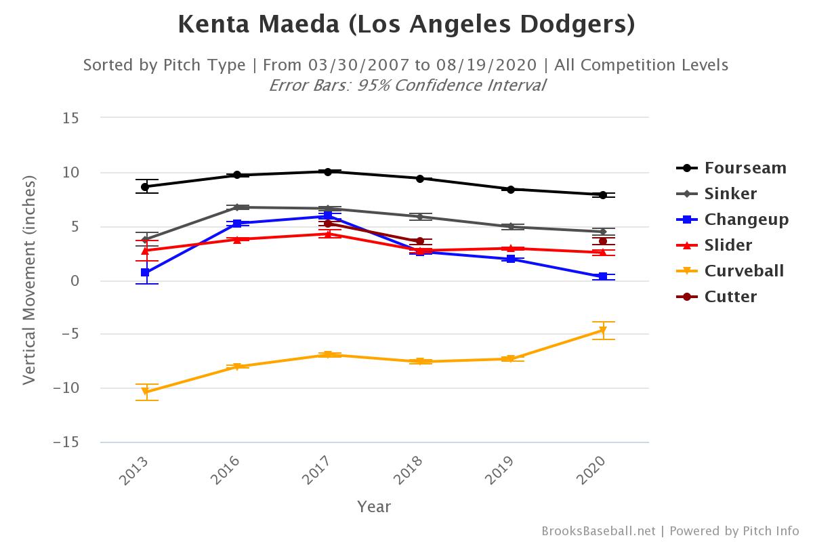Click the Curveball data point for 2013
click(146, 392)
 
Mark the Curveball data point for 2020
click(602, 331)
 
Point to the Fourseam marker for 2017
click(328, 171)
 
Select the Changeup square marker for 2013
click(146, 272)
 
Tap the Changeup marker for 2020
click(602, 276)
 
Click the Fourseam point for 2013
click(146, 186)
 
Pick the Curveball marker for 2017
click(328, 355)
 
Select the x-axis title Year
click(374, 507)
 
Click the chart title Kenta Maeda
click(406, 25)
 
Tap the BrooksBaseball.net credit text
click(598, 531)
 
